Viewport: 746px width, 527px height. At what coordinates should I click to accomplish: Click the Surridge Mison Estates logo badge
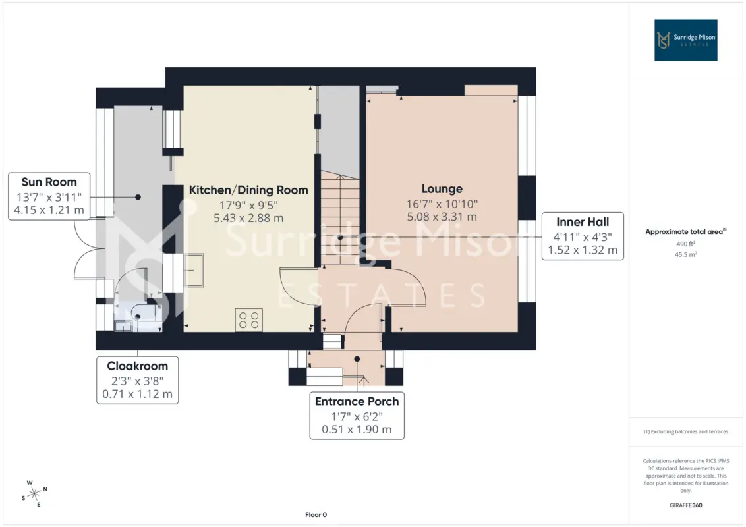click(685, 40)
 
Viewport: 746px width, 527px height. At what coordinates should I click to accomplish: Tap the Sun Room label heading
click(49, 182)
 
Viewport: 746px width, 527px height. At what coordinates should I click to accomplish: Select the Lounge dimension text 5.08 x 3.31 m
click(442, 217)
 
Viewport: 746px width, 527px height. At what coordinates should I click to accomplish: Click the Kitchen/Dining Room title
click(248, 190)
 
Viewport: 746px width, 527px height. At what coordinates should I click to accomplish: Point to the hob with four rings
click(249, 320)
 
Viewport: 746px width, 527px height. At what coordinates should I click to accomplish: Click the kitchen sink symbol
click(194, 270)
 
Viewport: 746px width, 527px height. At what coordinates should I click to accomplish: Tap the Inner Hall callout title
click(583, 222)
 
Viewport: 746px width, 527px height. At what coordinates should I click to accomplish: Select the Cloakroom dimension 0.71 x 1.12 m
click(138, 395)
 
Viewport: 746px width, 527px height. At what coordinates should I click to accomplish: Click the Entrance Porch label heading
click(357, 401)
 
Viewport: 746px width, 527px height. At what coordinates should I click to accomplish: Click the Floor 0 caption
click(316, 514)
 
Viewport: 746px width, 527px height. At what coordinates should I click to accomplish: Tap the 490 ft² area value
click(685, 244)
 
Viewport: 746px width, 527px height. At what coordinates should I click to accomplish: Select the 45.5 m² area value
click(685, 254)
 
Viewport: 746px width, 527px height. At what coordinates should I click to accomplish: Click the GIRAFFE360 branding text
click(685, 505)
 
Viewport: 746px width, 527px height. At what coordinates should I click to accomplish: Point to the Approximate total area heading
click(685, 232)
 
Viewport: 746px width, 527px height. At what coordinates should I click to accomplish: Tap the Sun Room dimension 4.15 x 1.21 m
click(49, 210)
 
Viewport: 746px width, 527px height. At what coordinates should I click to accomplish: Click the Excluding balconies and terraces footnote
click(685, 432)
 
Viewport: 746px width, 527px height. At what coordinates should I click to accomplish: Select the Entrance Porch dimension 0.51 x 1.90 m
click(357, 430)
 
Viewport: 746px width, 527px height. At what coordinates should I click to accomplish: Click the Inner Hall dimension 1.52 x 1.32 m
click(583, 250)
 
